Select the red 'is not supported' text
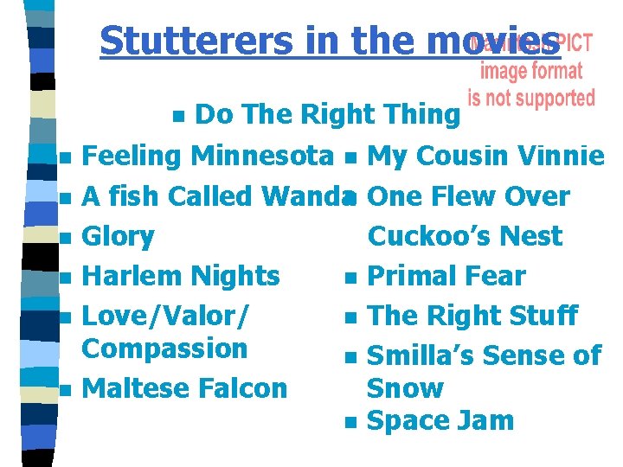click(531, 97)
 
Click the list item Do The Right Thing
click(327, 113)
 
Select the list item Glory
click(118, 236)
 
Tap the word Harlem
click(129, 276)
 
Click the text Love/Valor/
click(165, 316)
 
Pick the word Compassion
click(164, 349)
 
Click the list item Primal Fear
click(446, 276)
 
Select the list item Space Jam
click(440, 421)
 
